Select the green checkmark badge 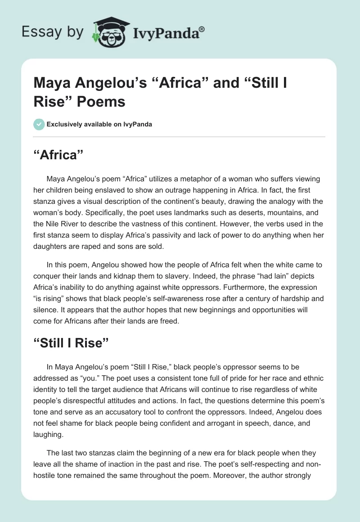tap(39, 124)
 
